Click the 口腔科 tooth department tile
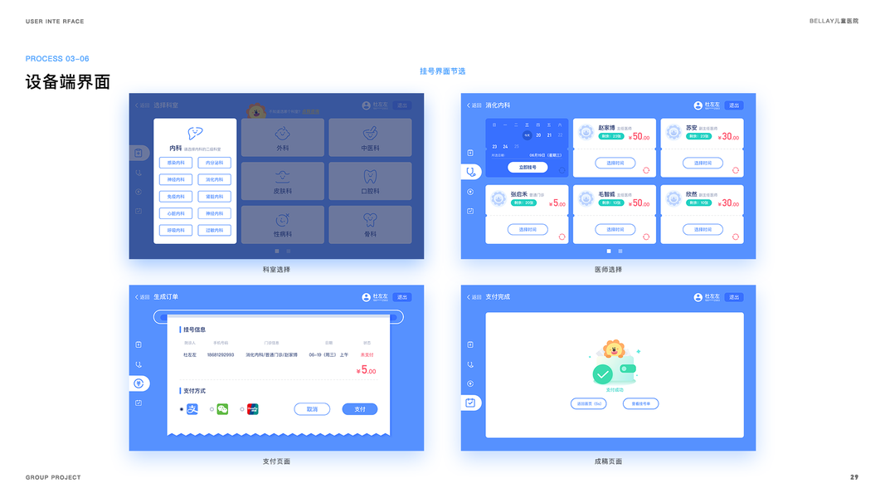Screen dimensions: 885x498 pyautogui.click(x=370, y=181)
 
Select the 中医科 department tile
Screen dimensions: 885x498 pyautogui.click(x=370, y=138)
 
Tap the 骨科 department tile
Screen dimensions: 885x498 pyautogui.click(x=370, y=224)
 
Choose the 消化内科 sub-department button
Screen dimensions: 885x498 pyautogui.click(x=214, y=179)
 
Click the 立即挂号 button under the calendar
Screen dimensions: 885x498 pyautogui.click(x=528, y=167)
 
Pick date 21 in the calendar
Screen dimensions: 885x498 pyautogui.click(x=549, y=134)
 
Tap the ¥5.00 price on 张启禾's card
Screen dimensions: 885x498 pyautogui.click(x=557, y=203)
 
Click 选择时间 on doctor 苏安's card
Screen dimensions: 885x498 pyautogui.click(x=703, y=163)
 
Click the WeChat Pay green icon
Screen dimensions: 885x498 pyautogui.click(x=222, y=409)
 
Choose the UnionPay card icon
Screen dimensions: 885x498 pyautogui.click(x=253, y=409)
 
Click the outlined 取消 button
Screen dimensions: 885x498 pyautogui.click(x=312, y=409)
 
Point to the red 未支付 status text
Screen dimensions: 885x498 pyautogui.click(x=367, y=354)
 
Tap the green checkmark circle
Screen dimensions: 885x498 pyautogui.click(x=602, y=374)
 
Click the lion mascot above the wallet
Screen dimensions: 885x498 pyautogui.click(x=614, y=349)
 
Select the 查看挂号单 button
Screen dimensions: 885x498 pyautogui.click(x=640, y=404)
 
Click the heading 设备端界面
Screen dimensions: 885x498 pyautogui.click(x=68, y=82)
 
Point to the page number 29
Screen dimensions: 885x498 pyautogui.click(x=854, y=477)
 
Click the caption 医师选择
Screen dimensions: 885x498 pyautogui.click(x=608, y=270)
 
